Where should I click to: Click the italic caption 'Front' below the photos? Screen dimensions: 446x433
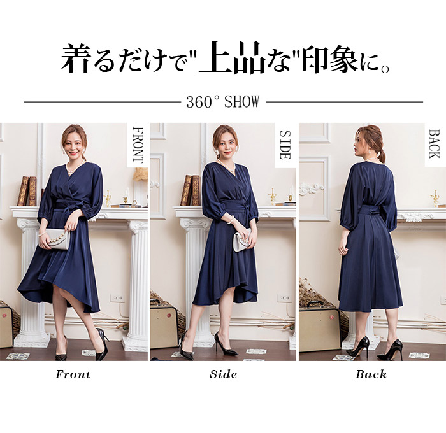pyautogui.click(x=73, y=374)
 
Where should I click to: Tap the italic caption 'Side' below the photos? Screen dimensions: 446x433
pyautogui.click(x=223, y=374)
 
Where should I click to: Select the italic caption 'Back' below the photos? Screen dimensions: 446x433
pyautogui.click(x=371, y=374)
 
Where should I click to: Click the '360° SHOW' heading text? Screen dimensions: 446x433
pyautogui.click(x=223, y=102)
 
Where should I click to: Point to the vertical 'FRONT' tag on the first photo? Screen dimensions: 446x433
pyautogui.click(x=138, y=145)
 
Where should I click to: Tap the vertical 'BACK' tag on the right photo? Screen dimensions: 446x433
pyautogui.click(x=434, y=144)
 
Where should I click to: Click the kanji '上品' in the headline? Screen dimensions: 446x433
pyautogui.click(x=233, y=58)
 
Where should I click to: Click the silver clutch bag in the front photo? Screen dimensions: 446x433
pyautogui.click(x=54, y=239)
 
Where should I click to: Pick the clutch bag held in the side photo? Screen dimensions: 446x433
pyautogui.click(x=241, y=238)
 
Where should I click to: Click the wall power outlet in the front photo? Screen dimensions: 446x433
pyautogui.click(x=117, y=298)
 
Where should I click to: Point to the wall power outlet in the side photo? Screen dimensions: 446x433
pyautogui.click(x=284, y=298)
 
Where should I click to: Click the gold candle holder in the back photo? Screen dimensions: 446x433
pyautogui.click(x=435, y=197)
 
